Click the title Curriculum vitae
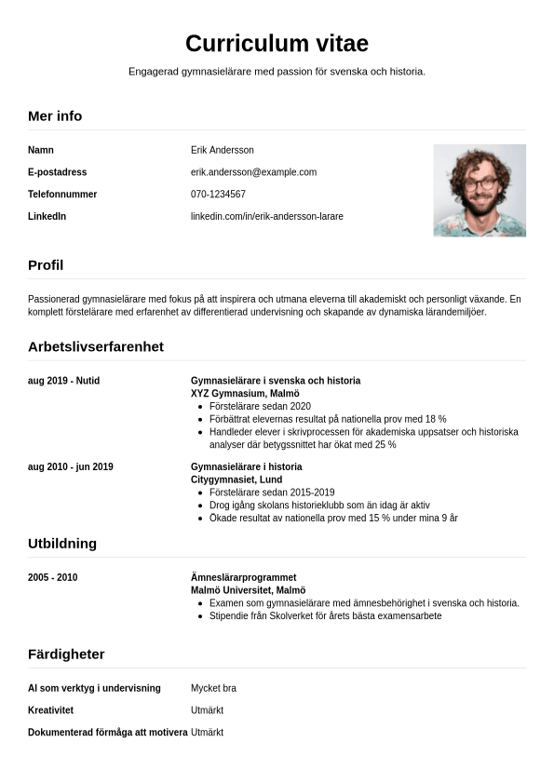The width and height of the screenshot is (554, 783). [x=277, y=43]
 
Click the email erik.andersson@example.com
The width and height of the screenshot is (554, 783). [x=253, y=172]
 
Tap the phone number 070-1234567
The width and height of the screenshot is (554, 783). [x=218, y=195]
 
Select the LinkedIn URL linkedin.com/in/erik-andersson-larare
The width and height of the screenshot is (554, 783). [x=266, y=217]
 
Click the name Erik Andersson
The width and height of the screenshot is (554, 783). [x=222, y=150]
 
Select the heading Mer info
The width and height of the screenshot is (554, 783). [x=55, y=116]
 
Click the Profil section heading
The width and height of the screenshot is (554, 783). [x=46, y=265]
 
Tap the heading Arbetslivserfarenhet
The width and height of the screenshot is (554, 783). [x=96, y=347]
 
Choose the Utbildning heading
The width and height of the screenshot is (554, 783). [x=62, y=544]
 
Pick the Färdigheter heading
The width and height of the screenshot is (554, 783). [x=66, y=655]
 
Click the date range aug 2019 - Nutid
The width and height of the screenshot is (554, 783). [x=63, y=381]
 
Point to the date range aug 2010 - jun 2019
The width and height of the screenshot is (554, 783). [x=71, y=466]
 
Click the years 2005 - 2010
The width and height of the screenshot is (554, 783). [x=53, y=578]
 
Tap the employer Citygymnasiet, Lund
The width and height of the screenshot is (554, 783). [x=236, y=479]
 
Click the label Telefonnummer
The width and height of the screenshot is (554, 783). [x=62, y=195]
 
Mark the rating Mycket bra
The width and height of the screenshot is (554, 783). [x=213, y=689]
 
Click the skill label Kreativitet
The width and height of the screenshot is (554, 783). [x=51, y=710]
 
